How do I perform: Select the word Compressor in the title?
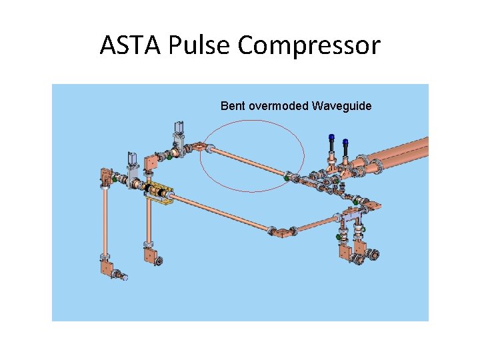point(309,45)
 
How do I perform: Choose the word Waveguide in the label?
point(341,106)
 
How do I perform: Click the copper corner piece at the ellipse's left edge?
point(200,148)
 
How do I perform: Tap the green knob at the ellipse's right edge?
point(287,178)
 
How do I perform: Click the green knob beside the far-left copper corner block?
point(115,179)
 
